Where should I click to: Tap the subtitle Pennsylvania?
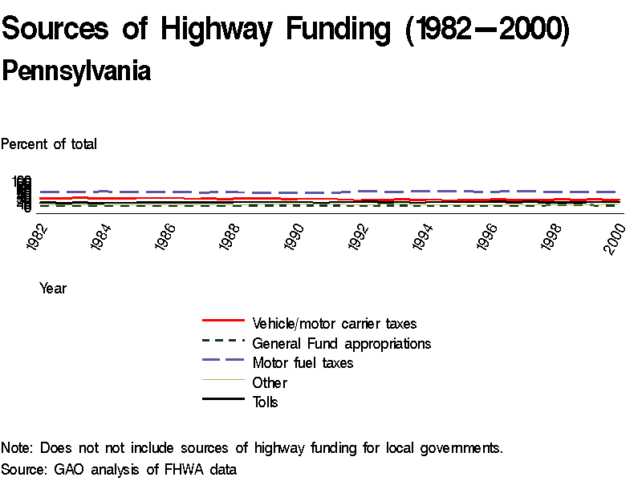(76, 71)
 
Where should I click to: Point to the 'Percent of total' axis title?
(49, 144)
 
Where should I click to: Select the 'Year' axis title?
(53, 289)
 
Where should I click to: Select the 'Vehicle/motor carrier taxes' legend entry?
(334, 324)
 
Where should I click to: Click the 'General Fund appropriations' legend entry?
(341, 344)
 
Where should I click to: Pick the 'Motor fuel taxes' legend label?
(303, 363)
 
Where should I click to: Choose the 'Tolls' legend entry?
(265, 402)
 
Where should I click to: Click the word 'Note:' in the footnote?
(18, 448)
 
